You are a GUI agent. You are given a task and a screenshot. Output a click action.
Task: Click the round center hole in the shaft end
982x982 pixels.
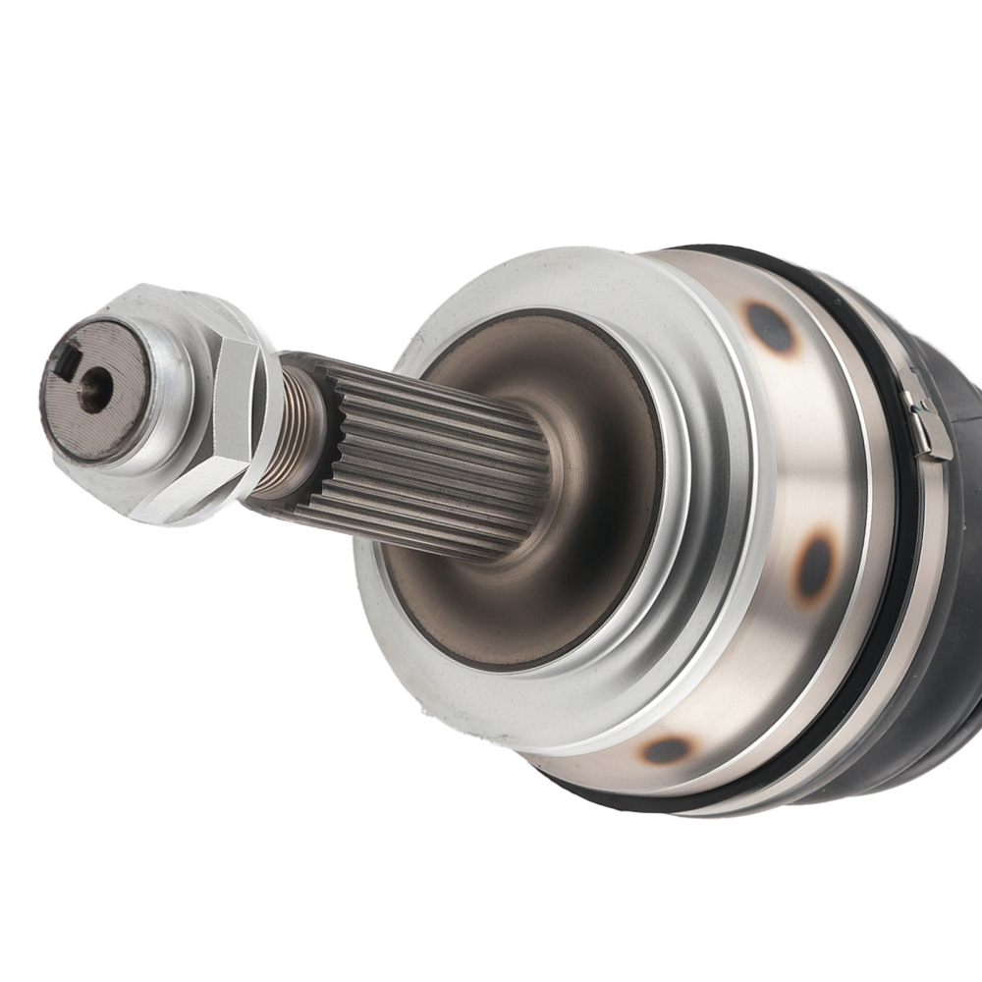[94, 389]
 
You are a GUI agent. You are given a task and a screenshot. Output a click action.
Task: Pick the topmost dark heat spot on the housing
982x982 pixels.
[770, 328]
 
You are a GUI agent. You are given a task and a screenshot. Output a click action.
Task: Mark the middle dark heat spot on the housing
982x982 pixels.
[814, 569]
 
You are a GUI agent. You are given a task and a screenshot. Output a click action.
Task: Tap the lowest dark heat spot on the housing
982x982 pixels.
[669, 751]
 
